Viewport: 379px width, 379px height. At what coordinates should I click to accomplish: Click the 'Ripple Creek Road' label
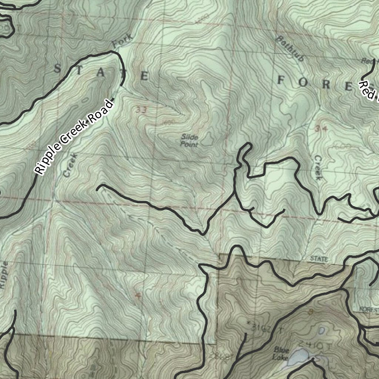(x=73, y=137)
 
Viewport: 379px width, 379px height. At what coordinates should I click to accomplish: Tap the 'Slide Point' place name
(x=189, y=141)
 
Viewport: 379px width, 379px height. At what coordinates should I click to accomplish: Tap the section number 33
(x=141, y=110)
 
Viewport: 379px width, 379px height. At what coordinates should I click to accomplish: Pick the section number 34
(x=321, y=128)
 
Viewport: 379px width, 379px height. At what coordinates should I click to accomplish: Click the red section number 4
(x=138, y=295)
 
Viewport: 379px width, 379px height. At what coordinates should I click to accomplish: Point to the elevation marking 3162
(x=259, y=328)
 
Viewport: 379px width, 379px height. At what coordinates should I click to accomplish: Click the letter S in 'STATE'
(x=58, y=68)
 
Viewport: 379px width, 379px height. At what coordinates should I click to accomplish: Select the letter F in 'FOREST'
(x=281, y=80)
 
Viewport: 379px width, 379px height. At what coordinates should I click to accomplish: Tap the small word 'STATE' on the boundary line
(x=319, y=259)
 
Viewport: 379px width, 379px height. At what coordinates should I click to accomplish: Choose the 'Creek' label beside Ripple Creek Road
(x=70, y=165)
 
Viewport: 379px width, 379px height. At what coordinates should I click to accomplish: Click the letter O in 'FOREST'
(x=303, y=82)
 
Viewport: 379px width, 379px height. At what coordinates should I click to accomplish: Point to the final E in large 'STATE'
(x=144, y=76)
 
